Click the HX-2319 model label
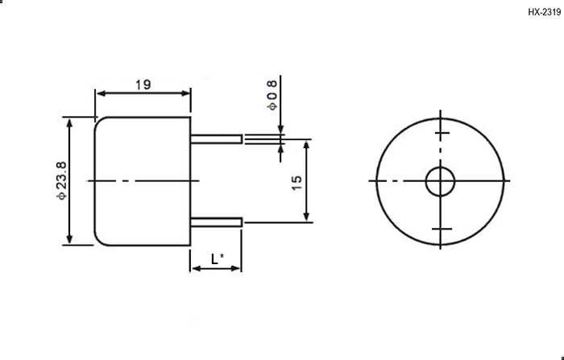pos(544,12)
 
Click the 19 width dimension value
pos(143,85)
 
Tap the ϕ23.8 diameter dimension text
pos(61,180)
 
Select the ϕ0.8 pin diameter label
pos(272,95)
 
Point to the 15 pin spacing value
pos(297,183)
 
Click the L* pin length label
pos(218,259)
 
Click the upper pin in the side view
pos(216,139)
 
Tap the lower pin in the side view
pos(216,222)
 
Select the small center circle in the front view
pos(440,182)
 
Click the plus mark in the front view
pos(442,133)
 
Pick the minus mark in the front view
pos(442,229)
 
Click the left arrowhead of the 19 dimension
pos(101,93)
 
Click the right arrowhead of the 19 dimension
pos(186,93)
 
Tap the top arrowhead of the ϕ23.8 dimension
pos(70,123)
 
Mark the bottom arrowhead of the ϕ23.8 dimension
pos(70,239)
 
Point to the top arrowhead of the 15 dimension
pos(306,145)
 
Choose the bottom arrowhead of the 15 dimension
pos(306,216)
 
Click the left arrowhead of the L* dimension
pos(197,268)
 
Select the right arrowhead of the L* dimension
pos(235,268)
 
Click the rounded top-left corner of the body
pos(98,121)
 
